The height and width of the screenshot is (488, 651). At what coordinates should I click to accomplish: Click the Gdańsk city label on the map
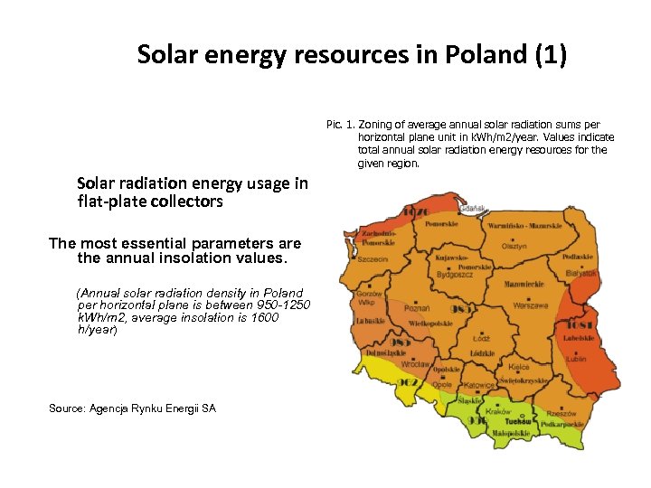[472, 208]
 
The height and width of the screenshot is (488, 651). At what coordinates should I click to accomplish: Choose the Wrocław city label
[415, 365]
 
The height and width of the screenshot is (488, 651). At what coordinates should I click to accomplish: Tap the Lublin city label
[576, 359]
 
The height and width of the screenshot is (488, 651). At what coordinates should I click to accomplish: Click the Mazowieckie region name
[524, 285]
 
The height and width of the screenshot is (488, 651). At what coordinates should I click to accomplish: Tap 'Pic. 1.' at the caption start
[340, 124]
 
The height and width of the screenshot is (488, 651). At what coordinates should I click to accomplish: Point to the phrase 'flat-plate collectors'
[150, 202]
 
